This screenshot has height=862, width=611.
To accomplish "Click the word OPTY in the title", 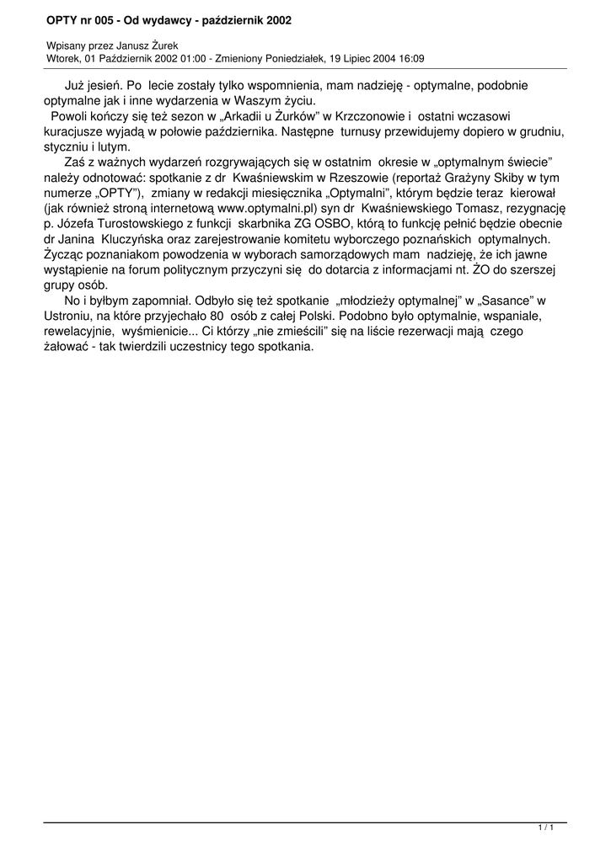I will (63, 19).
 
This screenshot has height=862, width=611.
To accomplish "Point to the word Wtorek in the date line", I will (64, 59).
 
